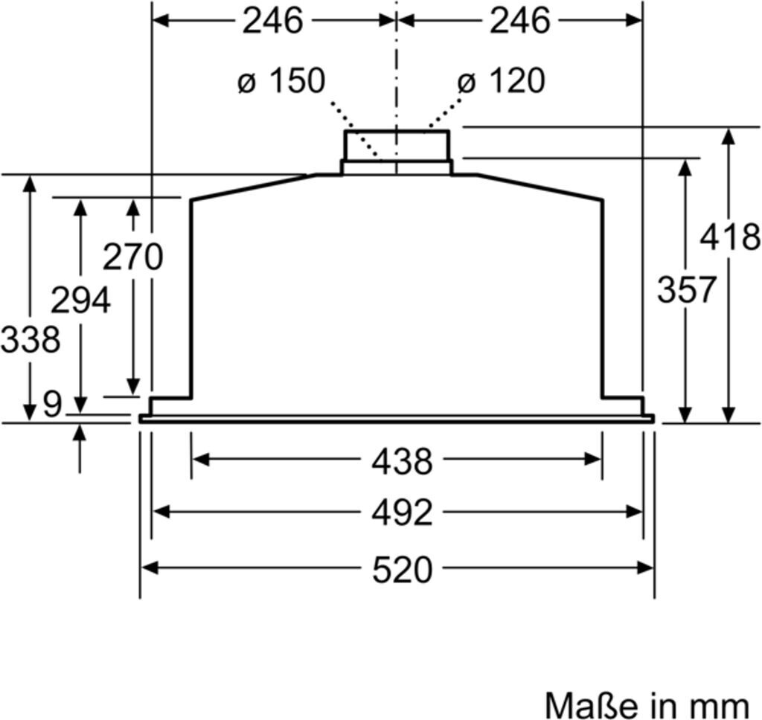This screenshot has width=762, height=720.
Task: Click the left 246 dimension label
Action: pos(272,21)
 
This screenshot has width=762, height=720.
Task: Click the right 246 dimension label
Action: pos(520,21)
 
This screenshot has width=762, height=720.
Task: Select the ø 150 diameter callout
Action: pos(281,80)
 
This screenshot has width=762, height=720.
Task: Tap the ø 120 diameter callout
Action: pos(501,80)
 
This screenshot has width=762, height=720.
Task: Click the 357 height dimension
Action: pos(686,289)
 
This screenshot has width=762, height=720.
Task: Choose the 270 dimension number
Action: pos(132,257)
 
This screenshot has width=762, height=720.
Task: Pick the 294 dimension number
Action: pos(80,300)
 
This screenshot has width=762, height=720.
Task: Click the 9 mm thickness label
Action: pos(53,403)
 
